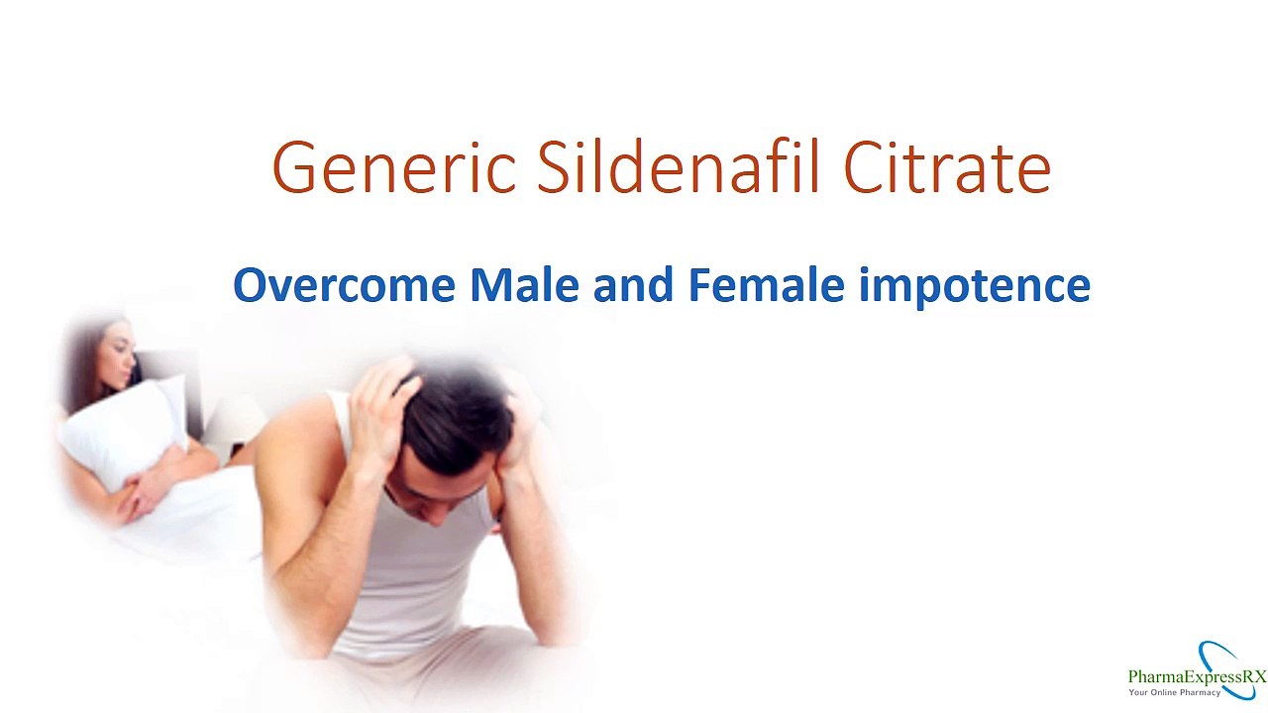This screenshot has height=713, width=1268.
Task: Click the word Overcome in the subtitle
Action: coord(344,285)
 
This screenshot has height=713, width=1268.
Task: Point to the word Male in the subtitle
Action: coord(524,285)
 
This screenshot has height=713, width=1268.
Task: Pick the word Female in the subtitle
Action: coord(766,285)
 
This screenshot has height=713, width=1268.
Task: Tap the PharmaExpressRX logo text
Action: coord(1197,676)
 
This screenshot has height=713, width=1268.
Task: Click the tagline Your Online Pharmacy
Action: coord(1175,692)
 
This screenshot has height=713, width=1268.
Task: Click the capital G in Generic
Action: coord(295,167)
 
